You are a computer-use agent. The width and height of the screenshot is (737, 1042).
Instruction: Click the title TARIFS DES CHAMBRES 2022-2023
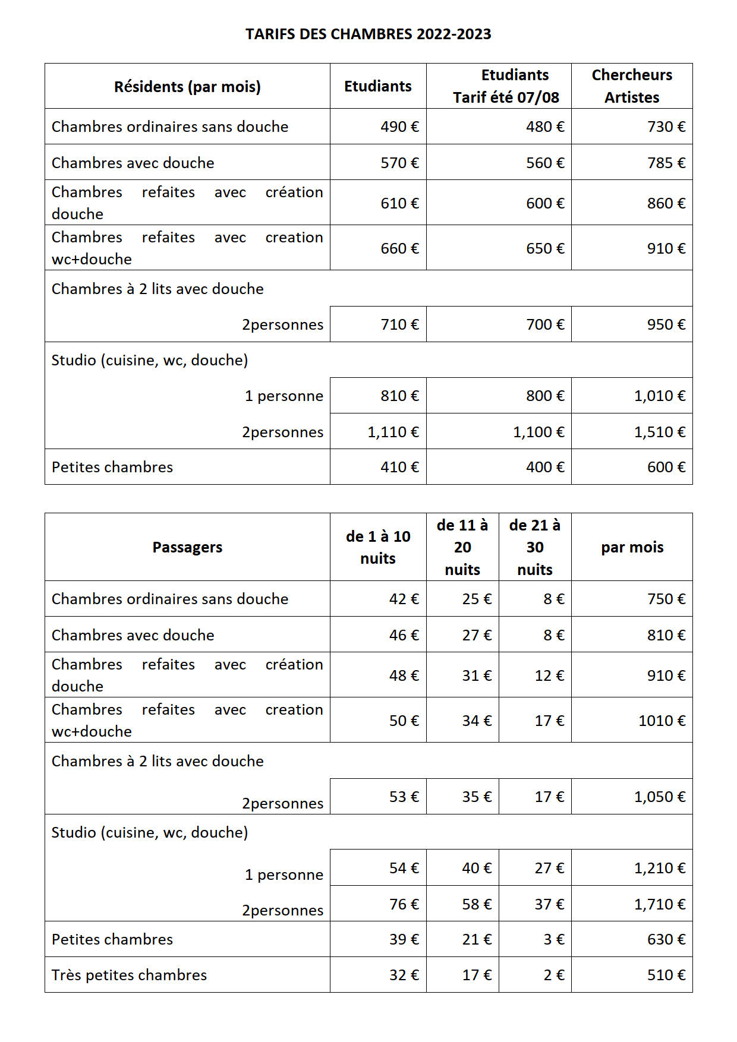[368, 34]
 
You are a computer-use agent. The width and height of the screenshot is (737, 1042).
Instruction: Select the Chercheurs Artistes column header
[632, 86]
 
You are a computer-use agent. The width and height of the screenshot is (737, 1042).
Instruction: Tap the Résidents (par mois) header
[187, 87]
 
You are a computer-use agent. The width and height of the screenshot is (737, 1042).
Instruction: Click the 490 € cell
[399, 127]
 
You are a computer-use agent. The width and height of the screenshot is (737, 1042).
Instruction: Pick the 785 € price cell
[666, 163]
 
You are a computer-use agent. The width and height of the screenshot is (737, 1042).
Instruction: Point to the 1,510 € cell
[659, 432]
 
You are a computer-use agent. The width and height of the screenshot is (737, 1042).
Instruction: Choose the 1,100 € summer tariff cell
[538, 432]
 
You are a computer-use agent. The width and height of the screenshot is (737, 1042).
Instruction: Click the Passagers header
[187, 547]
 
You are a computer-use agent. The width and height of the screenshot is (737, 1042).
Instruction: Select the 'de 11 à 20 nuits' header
[462, 547]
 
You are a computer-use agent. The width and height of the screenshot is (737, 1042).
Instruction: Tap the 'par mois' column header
[632, 547]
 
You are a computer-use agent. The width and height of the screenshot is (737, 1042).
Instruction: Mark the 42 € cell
[404, 599]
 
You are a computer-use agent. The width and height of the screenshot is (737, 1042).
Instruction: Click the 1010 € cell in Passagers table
[662, 721]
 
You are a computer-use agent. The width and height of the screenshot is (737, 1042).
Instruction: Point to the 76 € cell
[404, 904]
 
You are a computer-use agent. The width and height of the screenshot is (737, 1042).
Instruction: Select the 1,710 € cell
[659, 904]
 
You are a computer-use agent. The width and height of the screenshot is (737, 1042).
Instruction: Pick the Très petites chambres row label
[129, 975]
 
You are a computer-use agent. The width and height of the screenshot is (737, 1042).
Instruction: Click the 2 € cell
[553, 975]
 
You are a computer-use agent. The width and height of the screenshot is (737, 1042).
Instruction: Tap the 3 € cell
[553, 939]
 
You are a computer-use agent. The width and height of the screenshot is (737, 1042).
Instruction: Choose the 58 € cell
[477, 904]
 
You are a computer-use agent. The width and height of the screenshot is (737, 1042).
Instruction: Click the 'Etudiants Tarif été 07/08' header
[506, 86]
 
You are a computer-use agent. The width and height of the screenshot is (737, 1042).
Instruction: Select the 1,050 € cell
[659, 797]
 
